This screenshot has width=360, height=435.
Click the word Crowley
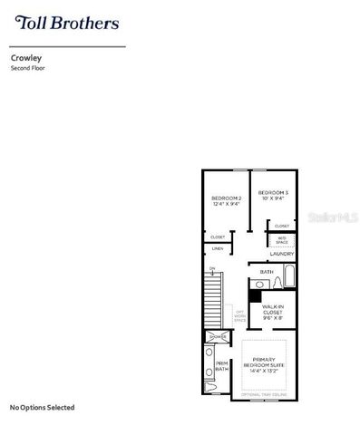click(x=24, y=56)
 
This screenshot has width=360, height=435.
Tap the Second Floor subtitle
click(x=28, y=68)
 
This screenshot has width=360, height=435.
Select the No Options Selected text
click(x=42, y=407)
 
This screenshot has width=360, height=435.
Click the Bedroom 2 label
click(x=226, y=200)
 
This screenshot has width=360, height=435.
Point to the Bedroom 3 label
click(x=273, y=195)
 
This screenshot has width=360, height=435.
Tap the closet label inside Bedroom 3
click(x=281, y=226)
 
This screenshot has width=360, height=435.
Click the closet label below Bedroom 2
click(x=218, y=237)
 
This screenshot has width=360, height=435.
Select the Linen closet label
click(x=218, y=248)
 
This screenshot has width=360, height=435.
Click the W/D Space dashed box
click(x=281, y=240)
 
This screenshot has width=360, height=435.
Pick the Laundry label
click(x=281, y=256)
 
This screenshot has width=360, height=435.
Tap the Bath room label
click(x=267, y=272)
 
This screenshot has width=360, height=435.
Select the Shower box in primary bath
click(x=218, y=336)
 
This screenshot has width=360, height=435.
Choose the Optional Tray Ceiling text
click(x=265, y=396)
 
